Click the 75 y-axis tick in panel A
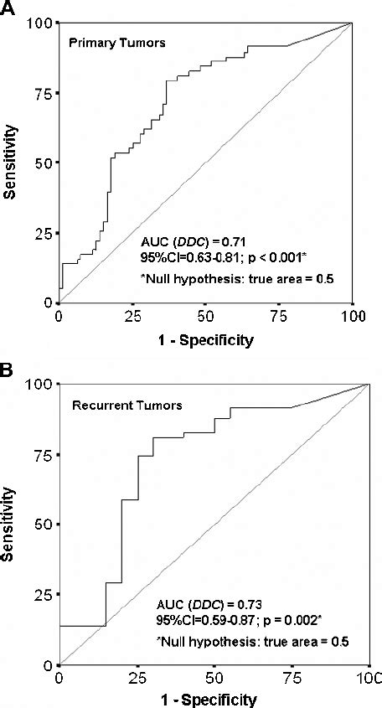(39, 93)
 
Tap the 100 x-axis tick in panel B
(369, 676)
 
